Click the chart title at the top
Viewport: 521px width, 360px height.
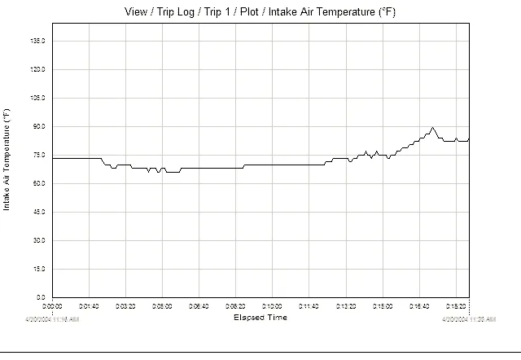tap(260, 11)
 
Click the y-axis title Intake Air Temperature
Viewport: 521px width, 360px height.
tap(7, 160)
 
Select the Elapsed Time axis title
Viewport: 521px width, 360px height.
tap(260, 318)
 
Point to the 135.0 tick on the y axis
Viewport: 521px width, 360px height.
tap(37, 41)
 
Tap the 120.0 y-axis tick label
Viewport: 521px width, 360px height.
tap(37, 69)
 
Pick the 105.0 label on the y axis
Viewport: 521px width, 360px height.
tap(37, 98)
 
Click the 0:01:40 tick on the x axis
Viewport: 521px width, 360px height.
tap(89, 306)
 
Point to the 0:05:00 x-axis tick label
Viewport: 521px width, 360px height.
tap(162, 306)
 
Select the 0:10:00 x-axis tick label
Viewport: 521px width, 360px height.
tap(272, 306)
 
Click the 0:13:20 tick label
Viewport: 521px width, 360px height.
tap(346, 306)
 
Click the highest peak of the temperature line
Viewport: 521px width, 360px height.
tap(432, 128)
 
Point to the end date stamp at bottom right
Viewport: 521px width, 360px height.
tap(468, 320)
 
